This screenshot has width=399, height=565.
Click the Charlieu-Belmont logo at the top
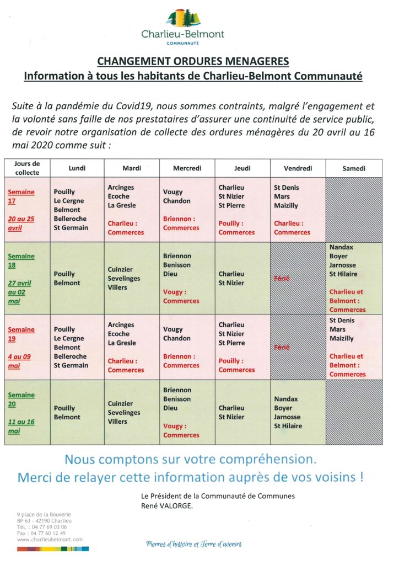[x=182, y=27]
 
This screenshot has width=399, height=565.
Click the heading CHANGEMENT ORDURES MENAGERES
[x=193, y=61]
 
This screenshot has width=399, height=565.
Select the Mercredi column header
[x=187, y=168]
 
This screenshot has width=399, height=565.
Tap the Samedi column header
[x=354, y=168]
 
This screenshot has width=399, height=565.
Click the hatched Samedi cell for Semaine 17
[x=354, y=210]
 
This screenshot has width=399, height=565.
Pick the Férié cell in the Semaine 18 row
[x=298, y=278]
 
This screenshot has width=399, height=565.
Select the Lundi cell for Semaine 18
[x=77, y=278]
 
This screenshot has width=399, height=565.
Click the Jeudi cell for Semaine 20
[x=242, y=412]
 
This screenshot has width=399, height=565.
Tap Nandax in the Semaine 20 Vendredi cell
[x=285, y=399]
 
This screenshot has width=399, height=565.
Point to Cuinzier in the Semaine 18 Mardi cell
[x=120, y=269]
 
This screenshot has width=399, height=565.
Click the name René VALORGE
[x=166, y=505]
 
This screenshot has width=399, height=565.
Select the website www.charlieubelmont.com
[x=50, y=540]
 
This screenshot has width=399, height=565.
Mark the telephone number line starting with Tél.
[x=42, y=527]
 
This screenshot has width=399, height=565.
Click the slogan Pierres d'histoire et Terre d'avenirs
[x=193, y=544]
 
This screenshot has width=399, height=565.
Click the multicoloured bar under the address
[x=53, y=549]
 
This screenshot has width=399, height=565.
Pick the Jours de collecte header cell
[x=28, y=168]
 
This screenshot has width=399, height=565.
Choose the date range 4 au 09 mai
[x=19, y=361]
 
